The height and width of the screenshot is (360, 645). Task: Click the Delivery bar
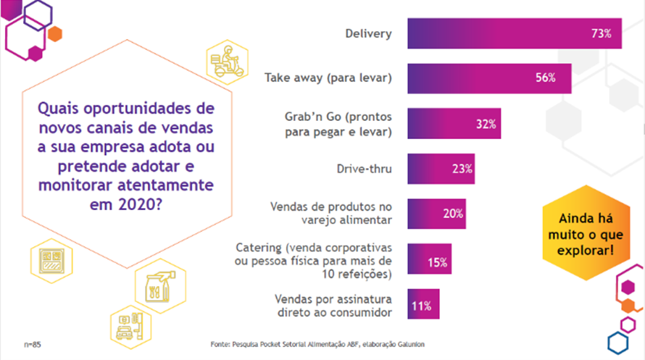pos(514,33)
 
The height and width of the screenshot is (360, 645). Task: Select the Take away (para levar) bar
pos(489,78)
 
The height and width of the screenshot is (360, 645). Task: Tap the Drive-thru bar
pos(441,169)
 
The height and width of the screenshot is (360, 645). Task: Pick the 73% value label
pos(602,33)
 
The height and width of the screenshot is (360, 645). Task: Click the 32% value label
pos(486,124)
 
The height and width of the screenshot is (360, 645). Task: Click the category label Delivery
pos(368,34)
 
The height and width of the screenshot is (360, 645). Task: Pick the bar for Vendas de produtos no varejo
pos(436,214)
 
